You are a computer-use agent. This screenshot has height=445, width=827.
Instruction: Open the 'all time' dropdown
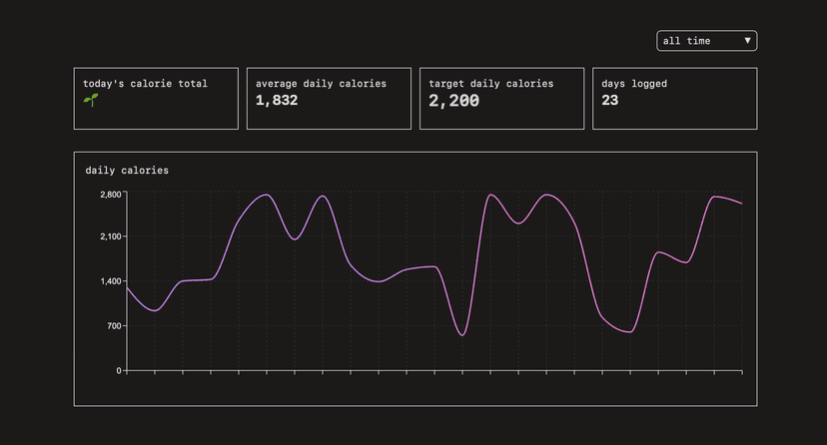(706, 41)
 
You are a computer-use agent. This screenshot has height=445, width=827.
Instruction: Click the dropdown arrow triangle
(747, 41)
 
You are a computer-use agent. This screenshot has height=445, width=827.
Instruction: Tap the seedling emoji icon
(90, 101)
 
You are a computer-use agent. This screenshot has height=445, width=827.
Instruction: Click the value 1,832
(277, 101)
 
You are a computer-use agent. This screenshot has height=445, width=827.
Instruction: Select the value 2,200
(453, 101)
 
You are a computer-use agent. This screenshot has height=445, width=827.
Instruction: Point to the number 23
(610, 101)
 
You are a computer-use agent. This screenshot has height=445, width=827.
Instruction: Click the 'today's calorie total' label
(145, 84)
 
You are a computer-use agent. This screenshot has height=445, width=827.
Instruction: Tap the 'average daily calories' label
(321, 84)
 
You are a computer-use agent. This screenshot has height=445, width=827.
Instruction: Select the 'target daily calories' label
(490, 84)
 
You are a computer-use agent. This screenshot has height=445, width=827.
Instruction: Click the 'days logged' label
(634, 84)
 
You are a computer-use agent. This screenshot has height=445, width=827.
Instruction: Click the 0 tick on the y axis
(119, 371)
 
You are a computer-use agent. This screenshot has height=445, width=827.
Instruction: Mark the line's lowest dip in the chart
(462, 335)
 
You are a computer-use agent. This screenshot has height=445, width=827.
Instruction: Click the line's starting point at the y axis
(127, 287)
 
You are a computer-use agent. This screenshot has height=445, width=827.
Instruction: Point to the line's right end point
(741, 204)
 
